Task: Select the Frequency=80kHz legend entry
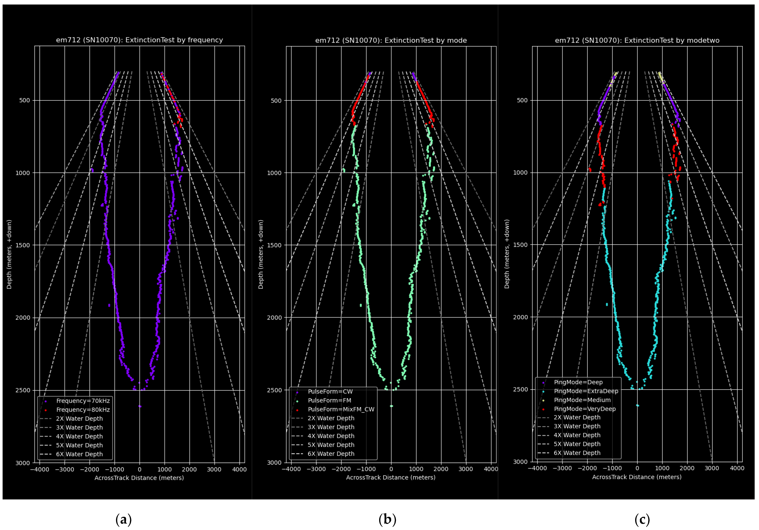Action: (83, 410)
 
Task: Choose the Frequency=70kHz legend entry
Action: (83, 401)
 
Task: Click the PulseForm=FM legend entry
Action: (329, 400)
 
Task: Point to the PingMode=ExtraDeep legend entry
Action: (586, 391)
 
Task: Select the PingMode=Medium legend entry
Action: (582, 400)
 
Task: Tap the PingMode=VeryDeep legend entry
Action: (584, 409)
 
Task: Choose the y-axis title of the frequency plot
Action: (9, 254)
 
